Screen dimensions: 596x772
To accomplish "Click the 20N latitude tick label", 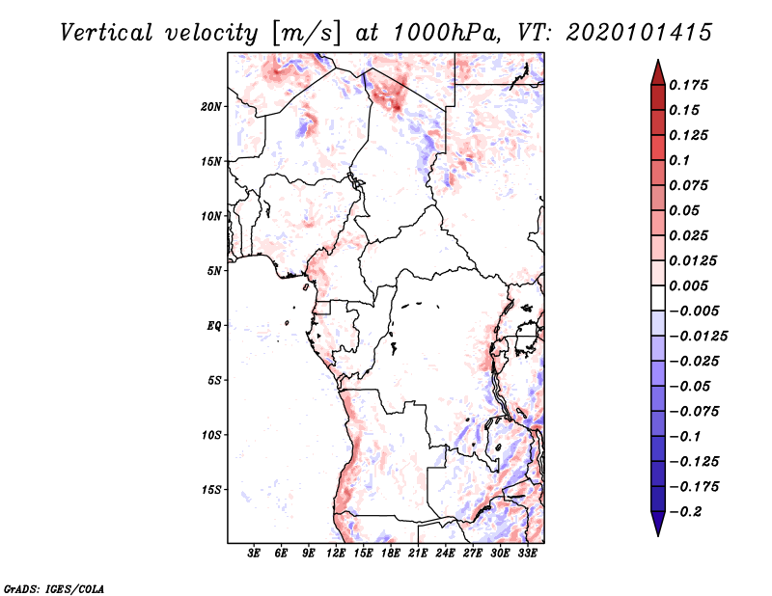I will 211,106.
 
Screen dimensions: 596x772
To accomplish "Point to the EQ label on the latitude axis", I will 214,326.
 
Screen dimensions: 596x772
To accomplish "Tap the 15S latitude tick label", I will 211,490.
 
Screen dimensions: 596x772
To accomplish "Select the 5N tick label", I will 214,271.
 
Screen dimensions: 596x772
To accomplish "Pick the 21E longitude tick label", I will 419,554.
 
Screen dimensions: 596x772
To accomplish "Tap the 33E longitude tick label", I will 528,554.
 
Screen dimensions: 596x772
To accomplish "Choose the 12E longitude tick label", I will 336,554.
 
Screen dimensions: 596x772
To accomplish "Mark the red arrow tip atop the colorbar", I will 657,67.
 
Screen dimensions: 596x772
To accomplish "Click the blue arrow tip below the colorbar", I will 657,529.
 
